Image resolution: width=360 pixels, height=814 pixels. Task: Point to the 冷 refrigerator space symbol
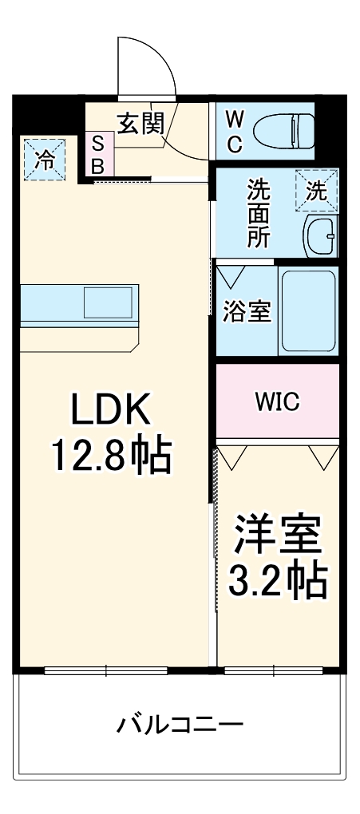pyautogui.click(x=45, y=160)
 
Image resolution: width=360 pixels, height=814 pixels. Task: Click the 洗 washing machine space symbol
pyautogui.click(x=316, y=191)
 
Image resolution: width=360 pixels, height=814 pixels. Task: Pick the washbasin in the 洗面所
pyautogui.click(x=322, y=235)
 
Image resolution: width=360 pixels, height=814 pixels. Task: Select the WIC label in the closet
pyautogui.click(x=277, y=401)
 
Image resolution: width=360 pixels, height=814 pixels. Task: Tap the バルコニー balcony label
pyautogui.click(x=180, y=724)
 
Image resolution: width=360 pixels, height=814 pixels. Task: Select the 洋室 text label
pyautogui.click(x=277, y=535)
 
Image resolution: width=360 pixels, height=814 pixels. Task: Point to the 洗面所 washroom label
pyautogui.click(x=258, y=213)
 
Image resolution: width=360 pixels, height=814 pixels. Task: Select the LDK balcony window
pyautogui.click(x=106, y=670)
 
